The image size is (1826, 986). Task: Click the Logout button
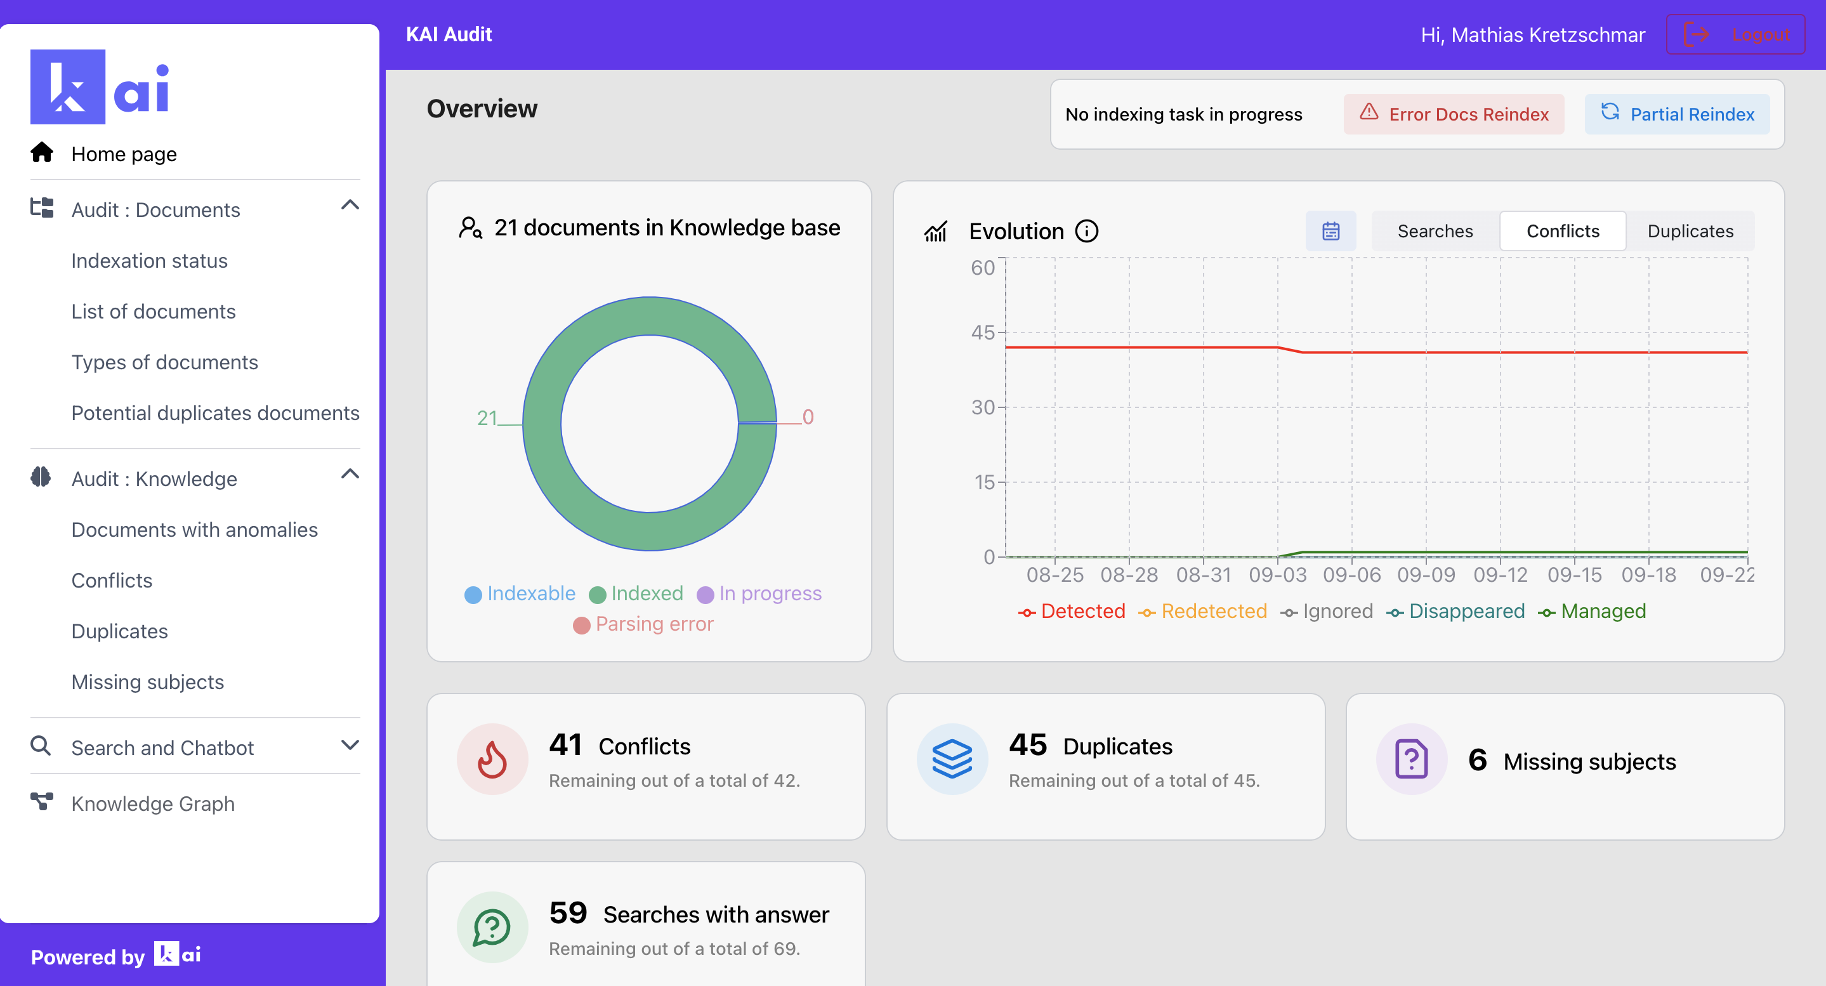(1735, 34)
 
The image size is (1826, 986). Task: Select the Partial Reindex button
(1676, 114)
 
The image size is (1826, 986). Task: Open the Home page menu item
(123, 154)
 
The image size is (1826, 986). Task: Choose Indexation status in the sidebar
(149, 261)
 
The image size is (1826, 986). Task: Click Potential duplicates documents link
(215, 413)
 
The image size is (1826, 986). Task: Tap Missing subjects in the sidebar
(147, 682)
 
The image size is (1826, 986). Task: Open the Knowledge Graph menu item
(152, 804)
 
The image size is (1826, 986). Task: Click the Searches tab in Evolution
(1434, 231)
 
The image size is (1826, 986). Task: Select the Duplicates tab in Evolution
(1689, 231)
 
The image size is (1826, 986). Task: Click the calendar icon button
(1330, 231)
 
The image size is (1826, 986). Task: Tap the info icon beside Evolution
(1086, 231)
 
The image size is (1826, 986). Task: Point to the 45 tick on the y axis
(982, 332)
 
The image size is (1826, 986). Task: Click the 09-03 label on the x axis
(1277, 575)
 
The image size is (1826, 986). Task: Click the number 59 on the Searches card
(568, 912)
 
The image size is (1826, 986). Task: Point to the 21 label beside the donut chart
(486, 418)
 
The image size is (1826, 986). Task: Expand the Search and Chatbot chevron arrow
(350, 746)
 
